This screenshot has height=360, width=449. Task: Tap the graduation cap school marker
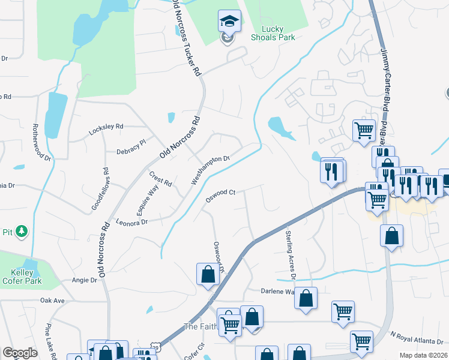229,22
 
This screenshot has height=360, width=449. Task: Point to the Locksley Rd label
106,127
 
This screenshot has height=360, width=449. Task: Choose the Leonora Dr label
131,222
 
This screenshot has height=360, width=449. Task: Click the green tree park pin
22,231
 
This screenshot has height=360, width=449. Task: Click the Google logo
20,353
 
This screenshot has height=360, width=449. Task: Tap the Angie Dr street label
84,280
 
